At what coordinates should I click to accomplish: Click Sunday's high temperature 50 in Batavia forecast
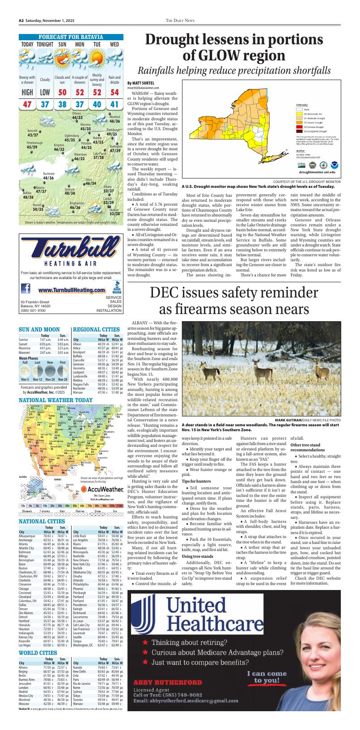62,93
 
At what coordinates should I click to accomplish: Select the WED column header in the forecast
114,45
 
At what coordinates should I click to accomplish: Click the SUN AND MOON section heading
39,329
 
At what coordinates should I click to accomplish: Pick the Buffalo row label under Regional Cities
78,356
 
